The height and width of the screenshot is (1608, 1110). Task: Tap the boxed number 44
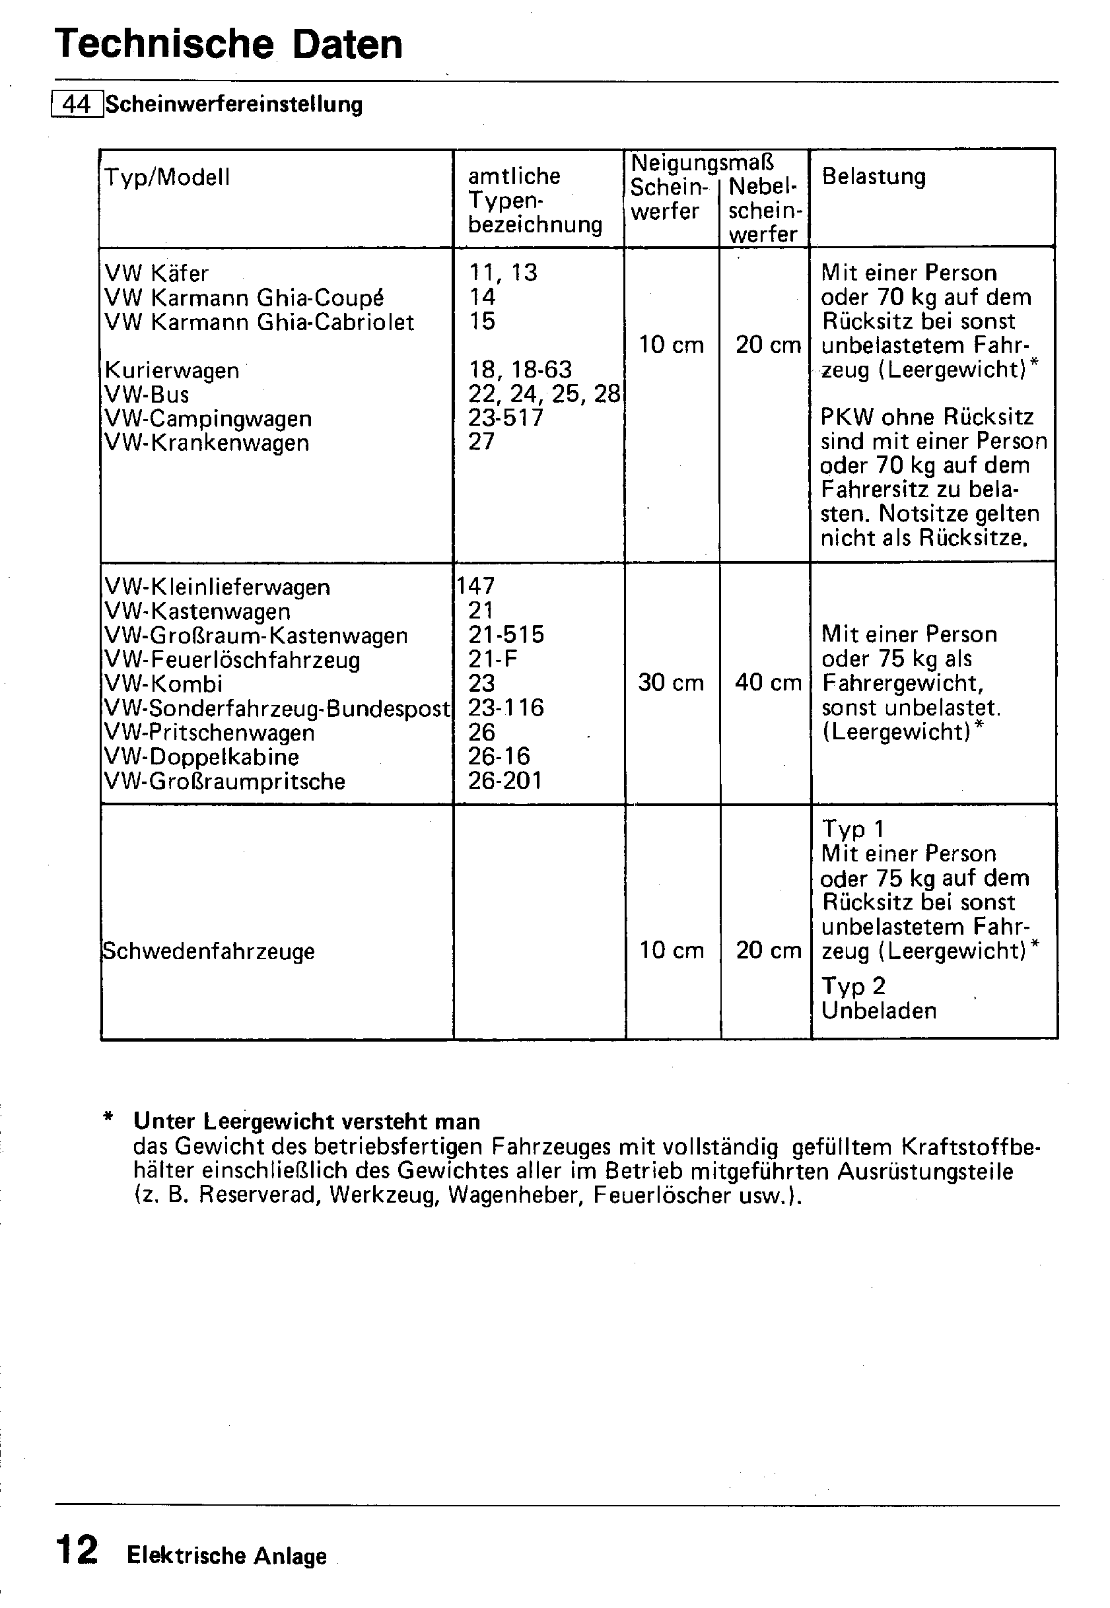tap(77, 104)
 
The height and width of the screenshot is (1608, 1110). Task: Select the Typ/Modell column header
tap(167, 178)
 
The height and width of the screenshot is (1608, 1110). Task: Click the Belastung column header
tap(874, 177)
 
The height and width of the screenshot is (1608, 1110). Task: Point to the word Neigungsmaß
tap(702, 162)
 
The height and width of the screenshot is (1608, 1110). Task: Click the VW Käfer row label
tap(156, 273)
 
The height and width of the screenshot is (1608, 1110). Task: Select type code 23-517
tap(506, 418)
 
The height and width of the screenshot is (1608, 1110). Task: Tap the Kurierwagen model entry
tap(171, 370)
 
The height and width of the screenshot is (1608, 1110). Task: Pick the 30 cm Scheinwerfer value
tap(670, 683)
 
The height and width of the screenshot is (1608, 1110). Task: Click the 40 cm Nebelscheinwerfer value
tap(768, 683)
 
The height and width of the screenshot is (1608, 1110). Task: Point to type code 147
tap(475, 586)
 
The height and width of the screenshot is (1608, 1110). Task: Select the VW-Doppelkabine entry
tap(201, 757)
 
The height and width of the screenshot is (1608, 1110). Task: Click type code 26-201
tap(505, 781)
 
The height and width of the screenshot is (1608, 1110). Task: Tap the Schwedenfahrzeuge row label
tap(208, 951)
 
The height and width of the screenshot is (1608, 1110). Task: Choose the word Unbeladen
tap(878, 1010)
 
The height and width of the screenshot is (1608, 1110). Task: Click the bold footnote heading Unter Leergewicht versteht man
tap(306, 1122)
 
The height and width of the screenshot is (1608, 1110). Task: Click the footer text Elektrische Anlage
tap(226, 1555)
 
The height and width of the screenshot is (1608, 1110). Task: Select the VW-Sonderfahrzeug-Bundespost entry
tap(277, 708)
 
